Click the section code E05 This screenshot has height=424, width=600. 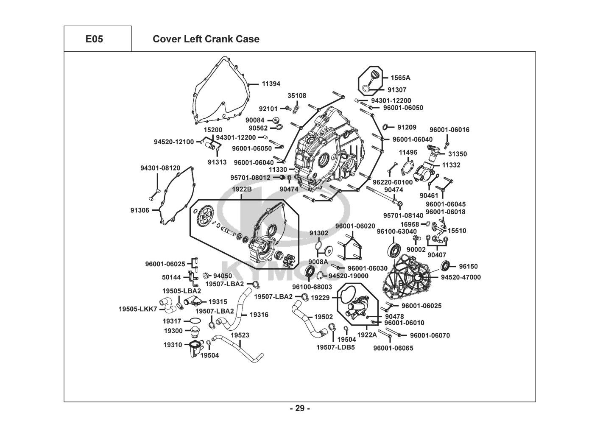click(94, 39)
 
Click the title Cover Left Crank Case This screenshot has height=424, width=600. click(206, 39)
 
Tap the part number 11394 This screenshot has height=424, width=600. click(271, 84)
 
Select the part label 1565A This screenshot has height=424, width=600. click(400, 78)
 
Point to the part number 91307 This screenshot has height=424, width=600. click(397, 90)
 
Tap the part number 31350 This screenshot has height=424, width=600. click(458, 154)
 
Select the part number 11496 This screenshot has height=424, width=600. click(408, 152)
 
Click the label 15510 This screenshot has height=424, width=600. click(457, 231)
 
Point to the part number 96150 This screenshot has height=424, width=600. click(468, 266)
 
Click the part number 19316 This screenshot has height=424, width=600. click(259, 315)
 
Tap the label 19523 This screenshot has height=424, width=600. click(240, 335)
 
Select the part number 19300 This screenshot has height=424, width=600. click(173, 330)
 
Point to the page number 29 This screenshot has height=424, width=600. click(300, 409)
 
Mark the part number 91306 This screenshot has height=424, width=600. click(140, 210)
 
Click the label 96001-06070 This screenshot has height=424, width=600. click(430, 335)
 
